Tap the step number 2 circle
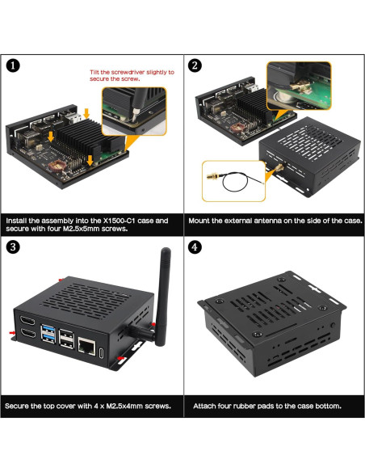tap(195, 66)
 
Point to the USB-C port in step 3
tap(100, 352)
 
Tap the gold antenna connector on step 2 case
tap(271, 166)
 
